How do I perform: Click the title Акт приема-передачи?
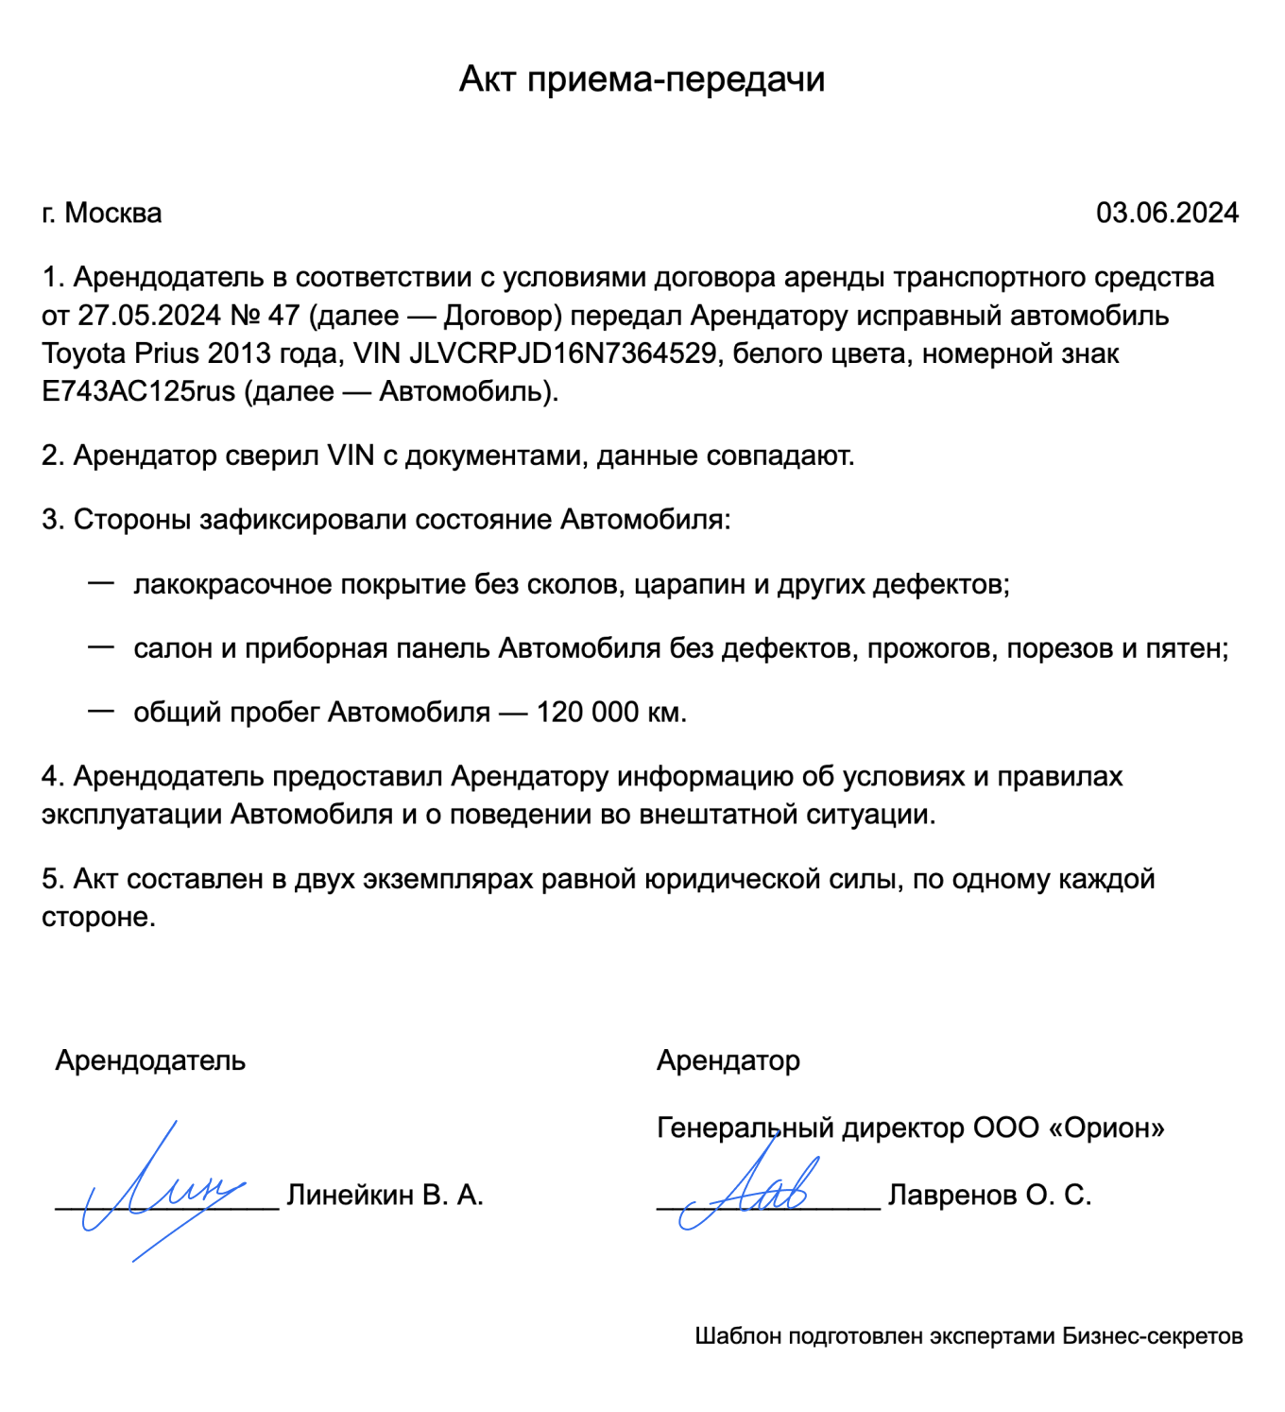pyautogui.click(x=642, y=79)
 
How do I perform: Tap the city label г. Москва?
pyautogui.click(x=102, y=214)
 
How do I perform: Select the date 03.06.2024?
pyautogui.click(x=1166, y=214)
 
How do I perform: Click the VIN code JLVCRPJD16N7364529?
pyautogui.click(x=562, y=353)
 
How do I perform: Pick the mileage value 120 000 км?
pyautogui.click(x=610, y=713)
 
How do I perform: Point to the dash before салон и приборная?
pyautogui.click(x=101, y=647)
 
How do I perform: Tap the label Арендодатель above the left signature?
pyautogui.click(x=150, y=1060)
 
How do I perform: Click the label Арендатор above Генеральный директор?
pyautogui.click(x=728, y=1060)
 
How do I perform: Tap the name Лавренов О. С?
pyautogui.click(x=989, y=1196)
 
